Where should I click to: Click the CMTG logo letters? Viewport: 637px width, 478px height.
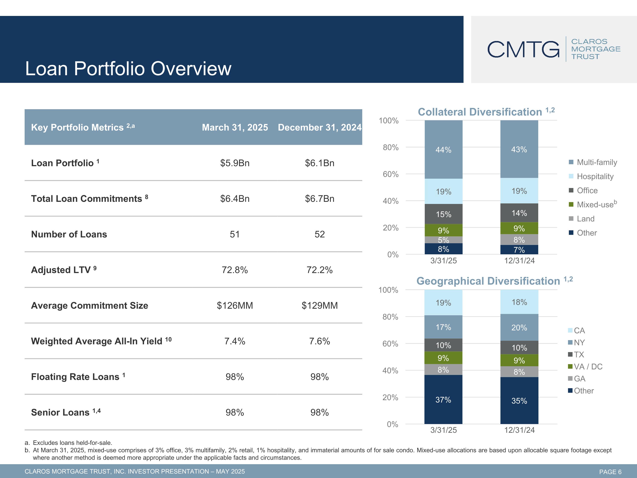coord(523,49)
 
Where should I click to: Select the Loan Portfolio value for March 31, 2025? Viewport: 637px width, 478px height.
coord(235,163)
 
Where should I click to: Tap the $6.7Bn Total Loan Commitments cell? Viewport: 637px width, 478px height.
coord(319,199)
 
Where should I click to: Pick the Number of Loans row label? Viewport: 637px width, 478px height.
coord(69,234)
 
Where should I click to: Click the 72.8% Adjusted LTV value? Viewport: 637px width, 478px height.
coord(235,270)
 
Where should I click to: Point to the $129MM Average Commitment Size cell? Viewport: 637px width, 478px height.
coord(319,305)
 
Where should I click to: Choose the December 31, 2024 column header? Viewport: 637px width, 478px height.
coord(319,127)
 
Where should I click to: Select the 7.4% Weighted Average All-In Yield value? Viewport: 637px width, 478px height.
coord(235,341)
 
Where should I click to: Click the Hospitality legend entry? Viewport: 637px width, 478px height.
coord(595,176)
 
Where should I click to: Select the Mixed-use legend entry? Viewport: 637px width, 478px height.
coord(596,205)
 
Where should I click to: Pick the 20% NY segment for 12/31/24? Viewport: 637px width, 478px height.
coord(519,328)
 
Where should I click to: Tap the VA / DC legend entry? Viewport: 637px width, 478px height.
coord(588,366)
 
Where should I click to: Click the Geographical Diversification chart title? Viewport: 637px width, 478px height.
coord(488,281)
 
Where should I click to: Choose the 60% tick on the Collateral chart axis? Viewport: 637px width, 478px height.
coord(390,174)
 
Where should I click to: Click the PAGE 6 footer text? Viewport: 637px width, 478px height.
coord(610,472)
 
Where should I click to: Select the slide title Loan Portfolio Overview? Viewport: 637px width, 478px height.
coord(128,69)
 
